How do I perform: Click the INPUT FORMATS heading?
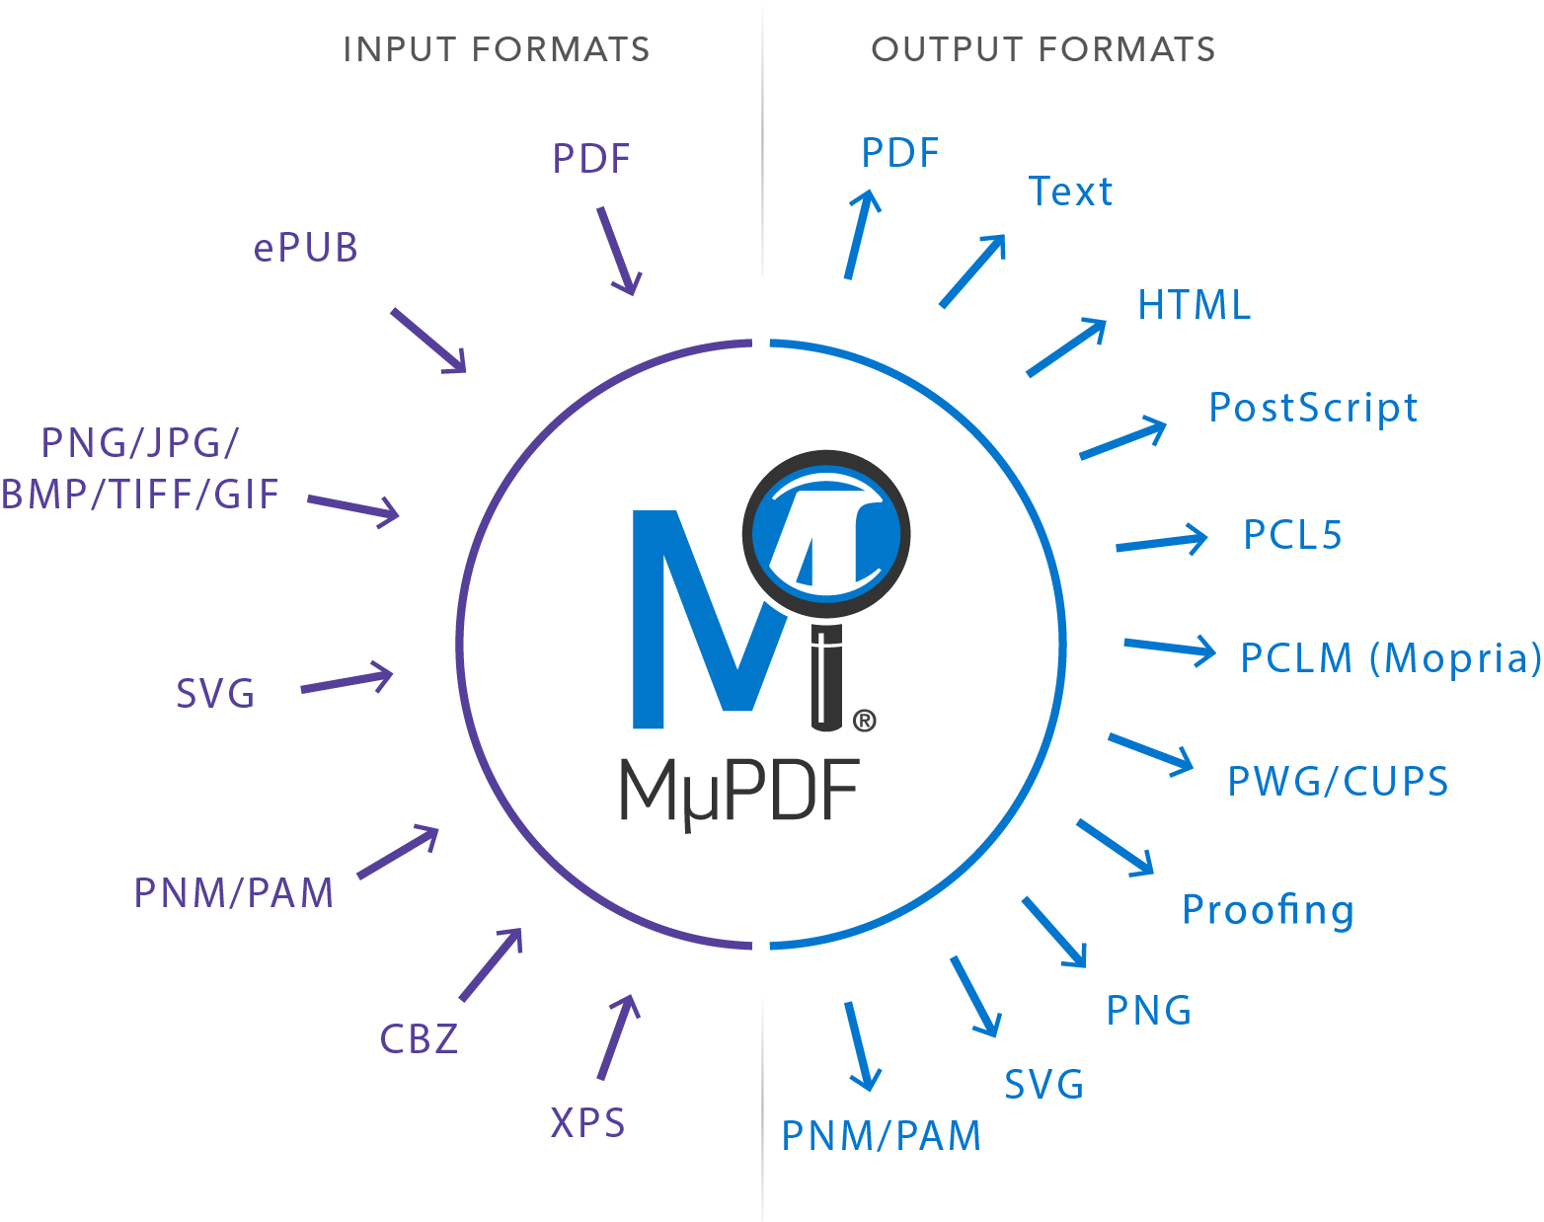click(x=496, y=49)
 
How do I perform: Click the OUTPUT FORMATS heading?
click(x=1042, y=49)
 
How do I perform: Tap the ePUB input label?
click(x=305, y=248)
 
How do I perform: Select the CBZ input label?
click(x=419, y=1039)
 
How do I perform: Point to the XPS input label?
click(x=587, y=1123)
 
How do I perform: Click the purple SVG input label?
click(x=215, y=694)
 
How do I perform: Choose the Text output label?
click(x=1070, y=191)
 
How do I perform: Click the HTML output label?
click(x=1194, y=305)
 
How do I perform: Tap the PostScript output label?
click(x=1313, y=408)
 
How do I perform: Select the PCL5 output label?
click(x=1292, y=535)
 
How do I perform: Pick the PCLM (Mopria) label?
click(x=1390, y=658)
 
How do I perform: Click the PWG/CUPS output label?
click(x=1338, y=782)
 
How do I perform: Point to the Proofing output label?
click(x=1268, y=910)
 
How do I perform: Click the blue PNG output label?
click(x=1148, y=1011)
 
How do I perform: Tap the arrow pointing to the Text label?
click(x=973, y=270)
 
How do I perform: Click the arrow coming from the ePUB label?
click(x=428, y=341)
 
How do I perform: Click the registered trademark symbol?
click(x=864, y=722)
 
